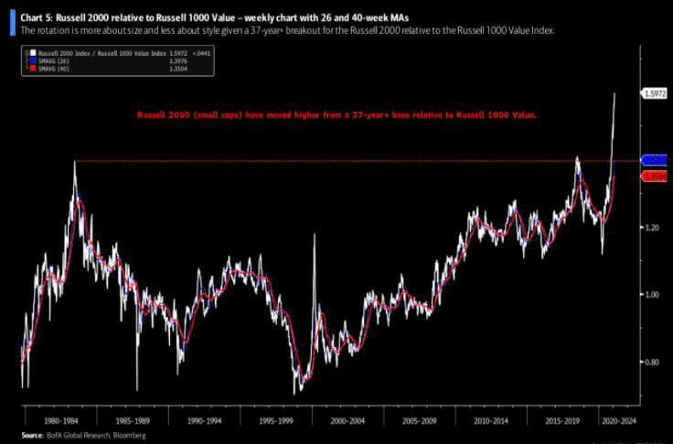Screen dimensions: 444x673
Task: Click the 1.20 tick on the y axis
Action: click(649, 226)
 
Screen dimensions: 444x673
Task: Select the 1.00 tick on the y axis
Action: click(649, 295)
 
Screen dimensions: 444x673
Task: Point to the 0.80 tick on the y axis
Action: click(649, 363)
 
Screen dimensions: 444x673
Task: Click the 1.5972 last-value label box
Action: click(655, 93)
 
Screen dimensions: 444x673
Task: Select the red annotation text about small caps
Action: click(336, 116)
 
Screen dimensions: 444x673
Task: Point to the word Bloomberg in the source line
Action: click(129, 436)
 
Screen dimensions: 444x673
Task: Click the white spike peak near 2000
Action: click(315, 235)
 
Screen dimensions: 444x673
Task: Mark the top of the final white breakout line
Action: click(614, 93)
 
